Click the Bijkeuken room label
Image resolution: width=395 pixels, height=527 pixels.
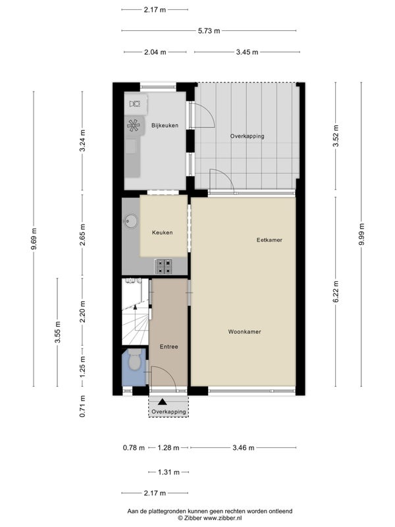coord(165,126)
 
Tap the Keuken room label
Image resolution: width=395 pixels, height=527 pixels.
coord(162,233)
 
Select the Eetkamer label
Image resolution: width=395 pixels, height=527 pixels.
coord(269,240)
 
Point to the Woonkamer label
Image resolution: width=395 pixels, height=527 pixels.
coord(244,332)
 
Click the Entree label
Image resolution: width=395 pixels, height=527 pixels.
coord(169,347)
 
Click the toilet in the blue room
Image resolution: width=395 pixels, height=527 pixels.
coord(135,359)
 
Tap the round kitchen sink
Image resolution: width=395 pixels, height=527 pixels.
coord(130,221)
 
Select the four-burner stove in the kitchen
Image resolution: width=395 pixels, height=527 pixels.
coord(163,267)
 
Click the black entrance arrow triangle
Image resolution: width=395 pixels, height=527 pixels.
coord(163,402)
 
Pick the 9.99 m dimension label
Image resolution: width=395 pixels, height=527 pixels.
coord(361,235)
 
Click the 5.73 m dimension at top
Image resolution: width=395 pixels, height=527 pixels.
coord(209,31)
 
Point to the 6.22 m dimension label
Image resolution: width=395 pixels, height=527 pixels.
coord(336,292)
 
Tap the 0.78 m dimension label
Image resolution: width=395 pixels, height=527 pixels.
coord(134,448)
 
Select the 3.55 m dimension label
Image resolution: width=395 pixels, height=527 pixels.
coord(58,332)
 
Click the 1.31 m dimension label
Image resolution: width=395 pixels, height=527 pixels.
coord(169,472)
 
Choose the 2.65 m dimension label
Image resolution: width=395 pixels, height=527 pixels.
coord(83,235)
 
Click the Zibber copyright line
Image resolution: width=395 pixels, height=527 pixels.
coord(209,518)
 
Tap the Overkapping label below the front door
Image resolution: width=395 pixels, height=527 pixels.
coord(169,412)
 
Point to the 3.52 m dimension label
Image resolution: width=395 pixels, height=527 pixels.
coord(336,136)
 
